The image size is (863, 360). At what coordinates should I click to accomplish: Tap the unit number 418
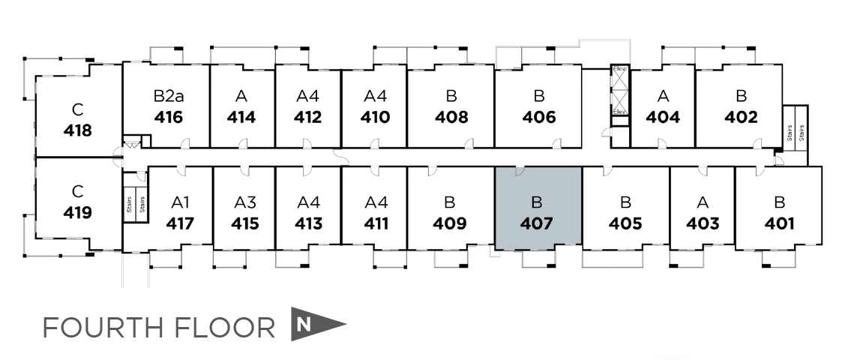click(78, 130)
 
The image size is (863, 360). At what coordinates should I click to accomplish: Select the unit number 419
click(78, 213)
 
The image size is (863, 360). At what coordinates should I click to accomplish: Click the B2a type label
click(168, 96)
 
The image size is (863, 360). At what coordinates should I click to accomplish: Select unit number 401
click(779, 223)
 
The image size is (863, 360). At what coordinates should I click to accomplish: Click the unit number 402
click(740, 118)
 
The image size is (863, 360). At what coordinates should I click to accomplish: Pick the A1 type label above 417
click(181, 202)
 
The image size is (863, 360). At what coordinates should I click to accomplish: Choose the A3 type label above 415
click(245, 202)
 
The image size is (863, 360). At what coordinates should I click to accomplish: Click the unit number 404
click(663, 118)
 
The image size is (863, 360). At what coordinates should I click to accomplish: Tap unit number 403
click(703, 223)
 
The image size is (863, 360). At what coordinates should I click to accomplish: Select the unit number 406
click(539, 118)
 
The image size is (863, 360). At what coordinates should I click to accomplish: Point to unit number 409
click(450, 223)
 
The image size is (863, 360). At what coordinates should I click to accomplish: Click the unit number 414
click(241, 118)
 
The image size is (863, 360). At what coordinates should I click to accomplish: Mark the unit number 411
click(375, 223)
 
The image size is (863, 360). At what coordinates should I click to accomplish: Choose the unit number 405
click(625, 223)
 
